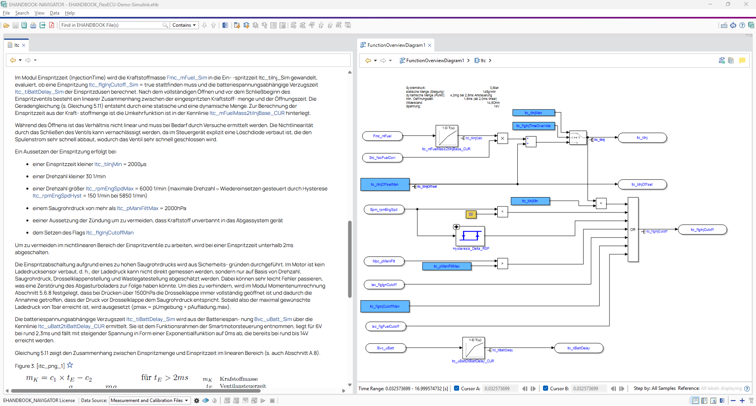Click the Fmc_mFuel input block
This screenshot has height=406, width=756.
tap(382, 136)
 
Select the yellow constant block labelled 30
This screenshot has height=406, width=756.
tap(471, 214)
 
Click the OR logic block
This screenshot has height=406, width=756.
tap(633, 230)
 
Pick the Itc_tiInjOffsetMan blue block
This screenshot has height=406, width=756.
tap(385, 185)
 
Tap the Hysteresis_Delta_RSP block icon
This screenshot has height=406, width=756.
tap(470, 236)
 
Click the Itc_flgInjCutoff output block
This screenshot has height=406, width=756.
tap(702, 230)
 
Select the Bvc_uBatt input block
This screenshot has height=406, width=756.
tap(385, 348)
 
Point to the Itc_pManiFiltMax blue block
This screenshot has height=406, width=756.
tap(447, 266)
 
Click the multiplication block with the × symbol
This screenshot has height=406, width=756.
tap(502, 138)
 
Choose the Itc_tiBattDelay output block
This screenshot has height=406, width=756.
tap(578, 348)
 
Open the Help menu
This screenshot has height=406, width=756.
tap(70, 13)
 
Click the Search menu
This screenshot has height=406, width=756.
tap(22, 13)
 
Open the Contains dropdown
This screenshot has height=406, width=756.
tap(184, 25)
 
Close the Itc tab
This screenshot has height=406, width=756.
tap(24, 45)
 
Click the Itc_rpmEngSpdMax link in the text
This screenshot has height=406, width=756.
tap(110, 189)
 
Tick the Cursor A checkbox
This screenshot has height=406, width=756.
tap(456, 388)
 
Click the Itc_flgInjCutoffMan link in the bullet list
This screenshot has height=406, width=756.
tap(110, 233)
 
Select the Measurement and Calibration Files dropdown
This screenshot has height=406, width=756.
tap(150, 400)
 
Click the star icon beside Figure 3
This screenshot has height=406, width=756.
tap(70, 365)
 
